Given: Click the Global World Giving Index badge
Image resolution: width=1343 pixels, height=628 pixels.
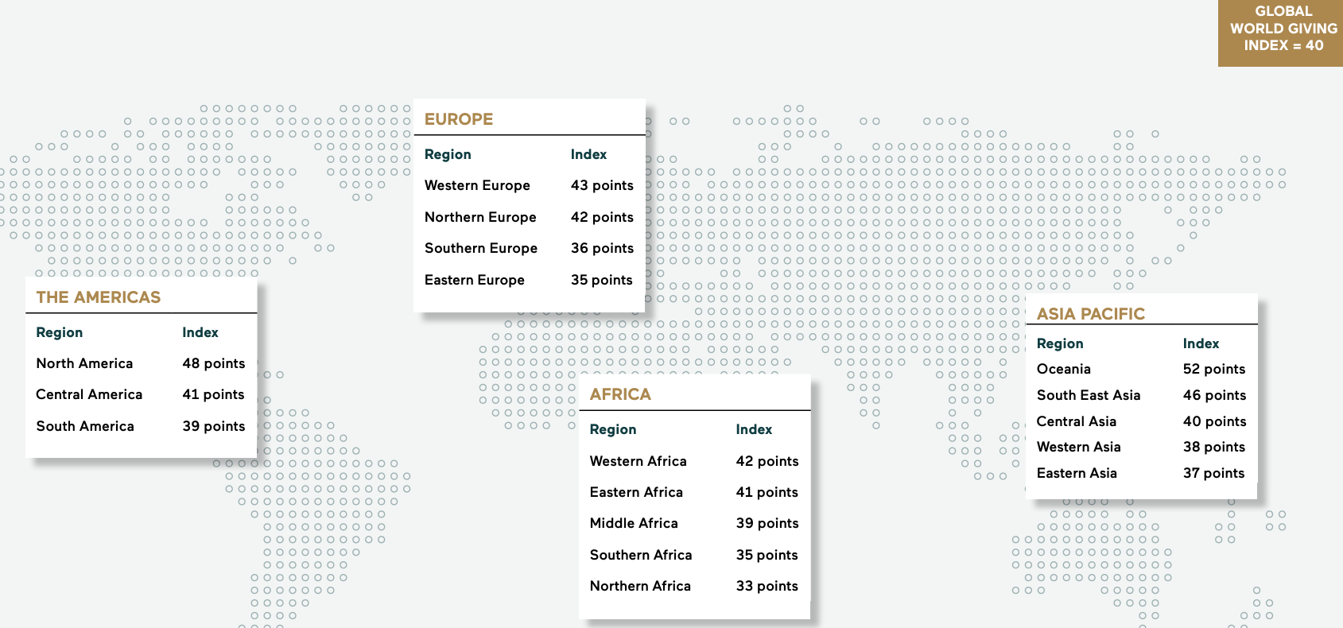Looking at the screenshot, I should click(1283, 29).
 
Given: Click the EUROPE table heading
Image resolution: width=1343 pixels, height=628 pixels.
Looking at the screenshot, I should click(459, 119).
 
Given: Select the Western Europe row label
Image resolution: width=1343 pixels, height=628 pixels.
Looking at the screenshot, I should click(477, 185).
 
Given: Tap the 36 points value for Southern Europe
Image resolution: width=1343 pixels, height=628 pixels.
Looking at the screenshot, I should click(602, 248).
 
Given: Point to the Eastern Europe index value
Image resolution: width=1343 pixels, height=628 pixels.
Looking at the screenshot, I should click(601, 280).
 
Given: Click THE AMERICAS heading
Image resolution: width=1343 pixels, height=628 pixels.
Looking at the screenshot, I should click(99, 297).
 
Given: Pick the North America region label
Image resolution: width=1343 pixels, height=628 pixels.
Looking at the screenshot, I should click(84, 363).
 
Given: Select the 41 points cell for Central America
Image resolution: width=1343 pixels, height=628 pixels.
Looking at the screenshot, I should click(213, 394).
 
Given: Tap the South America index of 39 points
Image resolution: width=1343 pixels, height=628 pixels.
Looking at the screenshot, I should click(214, 426).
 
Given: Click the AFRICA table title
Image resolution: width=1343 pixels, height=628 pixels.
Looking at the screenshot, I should click(620, 394).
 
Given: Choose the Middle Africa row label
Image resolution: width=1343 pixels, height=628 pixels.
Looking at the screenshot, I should click(634, 523).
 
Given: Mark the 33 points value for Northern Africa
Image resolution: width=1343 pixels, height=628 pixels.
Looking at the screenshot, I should click(767, 586).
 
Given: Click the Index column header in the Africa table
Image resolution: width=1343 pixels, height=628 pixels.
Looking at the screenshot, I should click(754, 429).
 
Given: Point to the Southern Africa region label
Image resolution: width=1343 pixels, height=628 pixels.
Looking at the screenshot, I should click(641, 555).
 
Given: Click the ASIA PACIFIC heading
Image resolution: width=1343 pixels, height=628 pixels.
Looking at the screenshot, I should click(1091, 314).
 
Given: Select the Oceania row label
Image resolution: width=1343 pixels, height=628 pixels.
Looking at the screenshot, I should click(1064, 369).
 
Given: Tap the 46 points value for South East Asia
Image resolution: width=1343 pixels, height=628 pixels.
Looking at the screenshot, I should click(1214, 395).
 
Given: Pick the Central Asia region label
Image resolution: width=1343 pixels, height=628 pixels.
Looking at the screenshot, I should click(1077, 421).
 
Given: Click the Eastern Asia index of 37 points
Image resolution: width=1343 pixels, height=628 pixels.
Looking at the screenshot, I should click(1213, 473).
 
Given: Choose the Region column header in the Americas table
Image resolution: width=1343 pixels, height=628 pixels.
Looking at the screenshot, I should click(60, 332).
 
